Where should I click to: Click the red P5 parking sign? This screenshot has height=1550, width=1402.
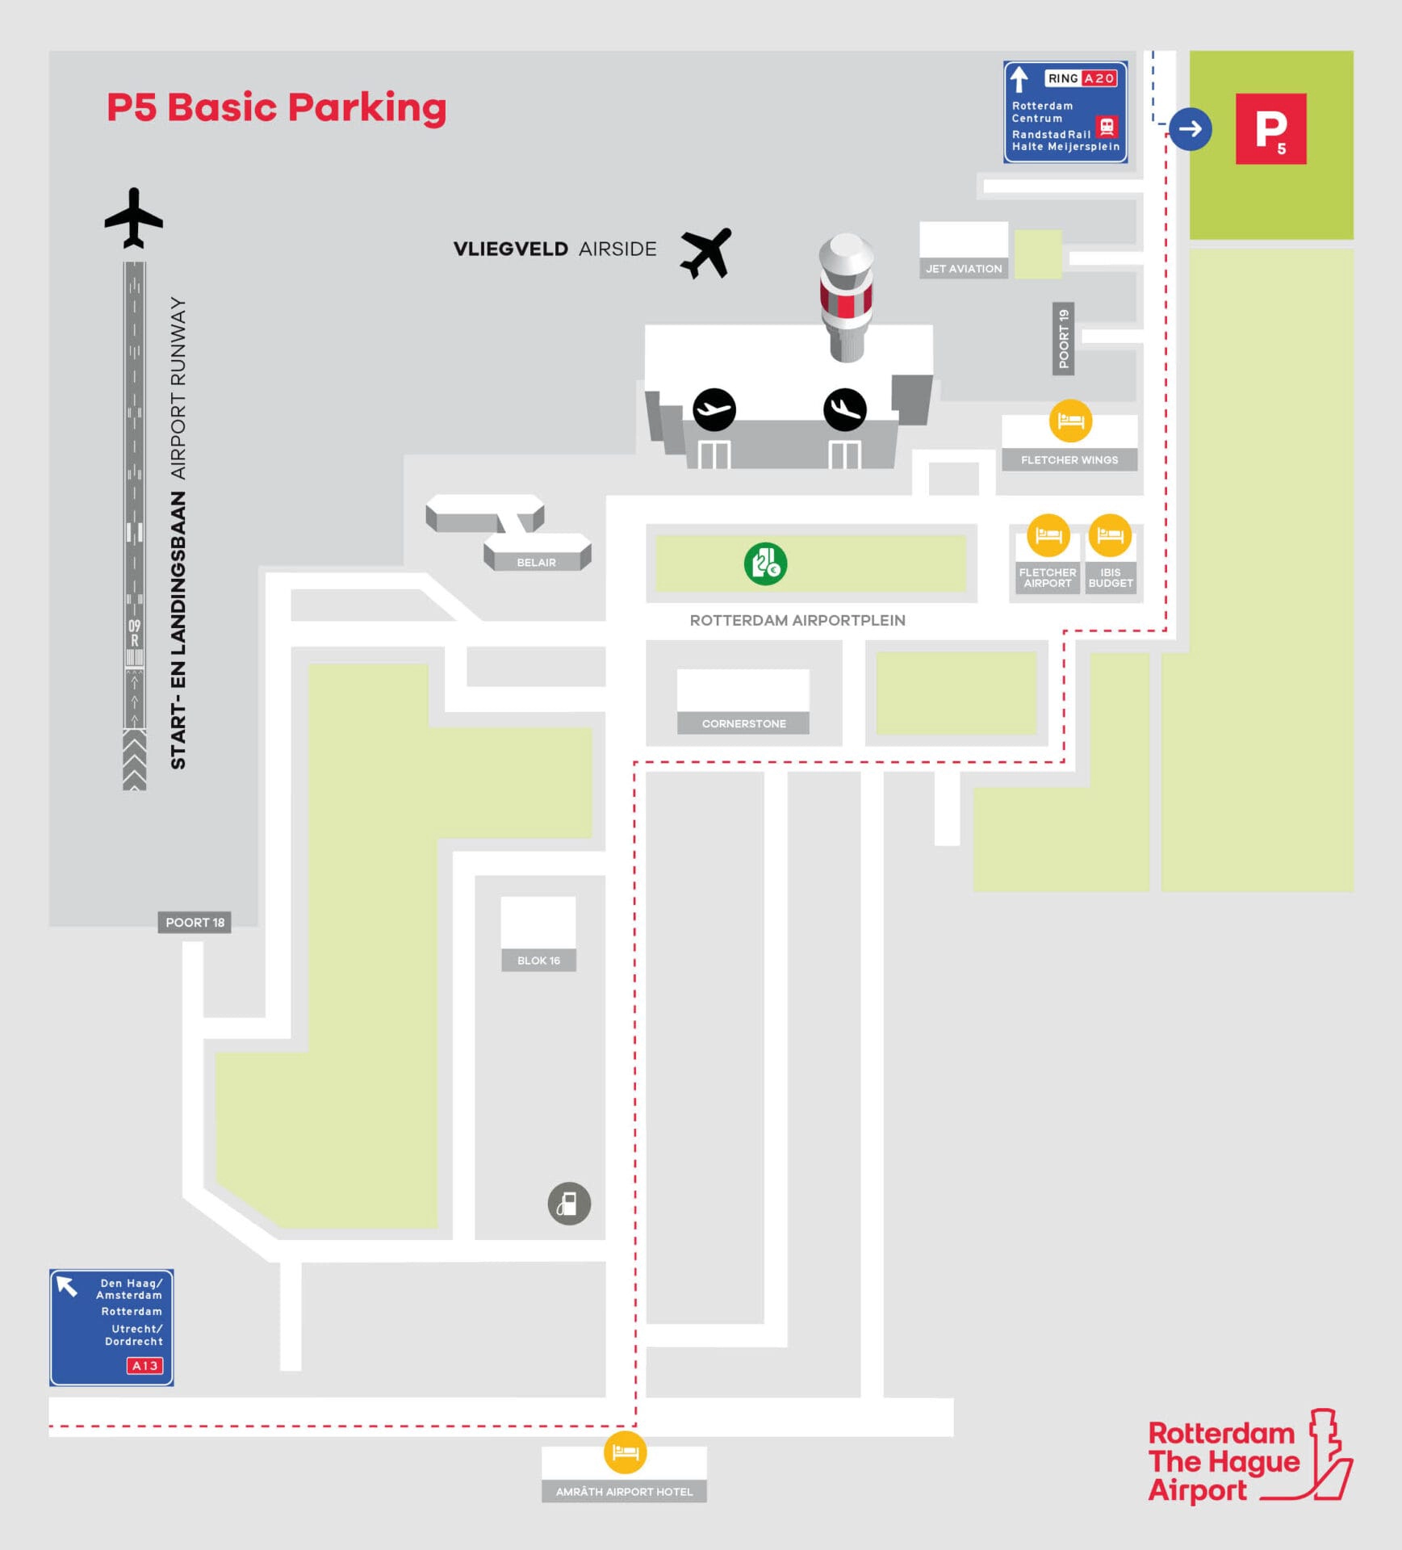click(1270, 129)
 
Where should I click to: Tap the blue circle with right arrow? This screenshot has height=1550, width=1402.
click(1190, 129)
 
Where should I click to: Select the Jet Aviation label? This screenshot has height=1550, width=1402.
click(964, 269)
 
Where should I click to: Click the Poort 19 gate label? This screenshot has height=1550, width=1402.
click(1063, 339)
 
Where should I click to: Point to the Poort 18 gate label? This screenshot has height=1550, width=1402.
click(195, 922)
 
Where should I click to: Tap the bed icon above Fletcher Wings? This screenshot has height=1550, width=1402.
click(1070, 421)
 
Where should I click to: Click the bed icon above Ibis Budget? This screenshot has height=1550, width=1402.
click(1110, 535)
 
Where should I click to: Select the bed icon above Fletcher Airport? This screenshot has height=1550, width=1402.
click(1048, 535)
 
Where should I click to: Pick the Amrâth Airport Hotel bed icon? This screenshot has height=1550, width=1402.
click(625, 1452)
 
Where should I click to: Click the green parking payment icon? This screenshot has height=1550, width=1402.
click(765, 563)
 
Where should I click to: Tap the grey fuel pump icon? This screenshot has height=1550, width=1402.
click(569, 1204)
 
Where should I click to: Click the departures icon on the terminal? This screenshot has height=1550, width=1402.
click(714, 409)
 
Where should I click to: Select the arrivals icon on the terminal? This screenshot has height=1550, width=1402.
click(845, 409)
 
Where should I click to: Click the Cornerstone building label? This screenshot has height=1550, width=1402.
click(743, 723)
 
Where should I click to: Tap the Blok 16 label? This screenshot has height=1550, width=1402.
click(538, 961)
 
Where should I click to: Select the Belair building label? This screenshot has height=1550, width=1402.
click(536, 563)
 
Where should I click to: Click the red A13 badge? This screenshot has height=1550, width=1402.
click(144, 1366)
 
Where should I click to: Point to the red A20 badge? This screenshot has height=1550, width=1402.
click(1099, 78)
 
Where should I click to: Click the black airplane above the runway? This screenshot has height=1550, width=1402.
click(134, 218)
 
